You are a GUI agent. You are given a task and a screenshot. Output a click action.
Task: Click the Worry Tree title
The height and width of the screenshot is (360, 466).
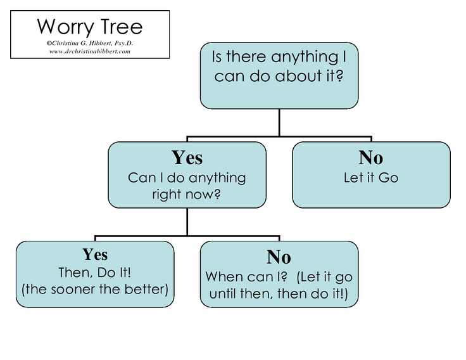89,27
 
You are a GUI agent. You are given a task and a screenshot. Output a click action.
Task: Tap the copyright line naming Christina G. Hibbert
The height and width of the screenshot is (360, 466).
89,43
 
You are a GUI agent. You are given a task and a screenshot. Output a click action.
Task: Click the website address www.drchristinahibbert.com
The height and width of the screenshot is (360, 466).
89,51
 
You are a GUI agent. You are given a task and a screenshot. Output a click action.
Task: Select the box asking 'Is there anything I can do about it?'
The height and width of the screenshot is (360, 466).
279,75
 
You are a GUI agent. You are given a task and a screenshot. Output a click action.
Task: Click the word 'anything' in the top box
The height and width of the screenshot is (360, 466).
299,58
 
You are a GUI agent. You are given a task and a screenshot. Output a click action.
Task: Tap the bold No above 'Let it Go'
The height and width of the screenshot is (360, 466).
370,158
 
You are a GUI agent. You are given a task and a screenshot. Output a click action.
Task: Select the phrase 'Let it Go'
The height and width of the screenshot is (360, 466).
370,177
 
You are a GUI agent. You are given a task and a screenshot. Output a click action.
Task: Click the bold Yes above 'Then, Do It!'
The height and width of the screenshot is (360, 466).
95,255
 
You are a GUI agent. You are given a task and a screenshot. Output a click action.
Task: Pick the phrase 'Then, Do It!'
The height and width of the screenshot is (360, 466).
95,273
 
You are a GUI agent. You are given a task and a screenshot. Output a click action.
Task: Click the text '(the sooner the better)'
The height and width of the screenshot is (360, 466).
95,290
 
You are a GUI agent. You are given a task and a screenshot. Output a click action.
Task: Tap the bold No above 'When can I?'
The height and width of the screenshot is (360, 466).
279,257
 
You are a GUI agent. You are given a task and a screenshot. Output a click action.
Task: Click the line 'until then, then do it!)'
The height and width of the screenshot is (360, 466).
279,294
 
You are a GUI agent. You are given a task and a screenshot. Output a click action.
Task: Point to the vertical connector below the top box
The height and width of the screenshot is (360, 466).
279,122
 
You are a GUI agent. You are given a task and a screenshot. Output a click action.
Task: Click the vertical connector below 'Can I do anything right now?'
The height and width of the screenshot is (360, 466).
187,222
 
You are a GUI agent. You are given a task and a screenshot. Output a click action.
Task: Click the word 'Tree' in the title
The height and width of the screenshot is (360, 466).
120,27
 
